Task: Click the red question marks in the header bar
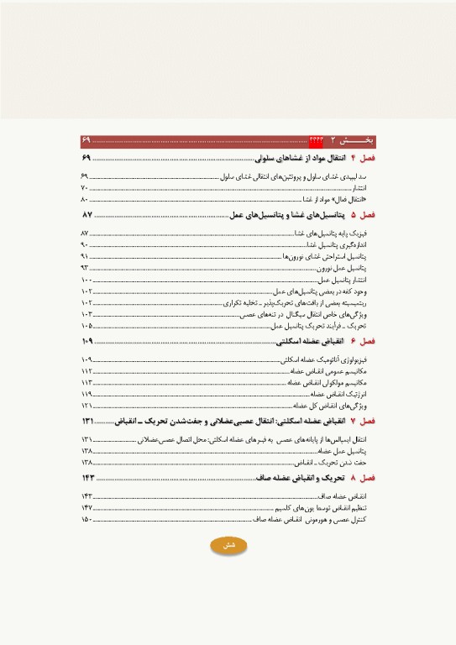point(317,139)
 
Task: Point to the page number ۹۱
point(85,255)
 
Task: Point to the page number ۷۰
point(84,187)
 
